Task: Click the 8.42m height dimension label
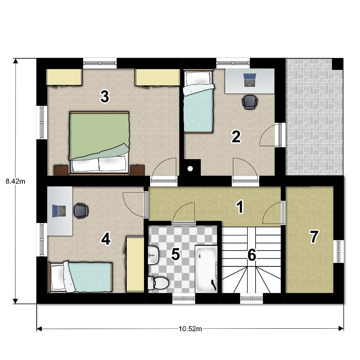(15, 181)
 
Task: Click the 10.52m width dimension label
(190, 329)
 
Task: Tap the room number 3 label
(105, 96)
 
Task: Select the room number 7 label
(314, 237)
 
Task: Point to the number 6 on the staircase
(252, 255)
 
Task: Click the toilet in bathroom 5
(158, 283)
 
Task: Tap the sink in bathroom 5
(153, 255)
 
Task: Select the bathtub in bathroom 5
(206, 269)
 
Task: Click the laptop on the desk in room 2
(249, 80)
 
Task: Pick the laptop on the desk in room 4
(59, 211)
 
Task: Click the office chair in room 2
(250, 102)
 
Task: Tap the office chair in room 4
(81, 211)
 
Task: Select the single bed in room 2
(198, 101)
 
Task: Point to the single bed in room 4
(80, 277)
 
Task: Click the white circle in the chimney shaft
(190, 169)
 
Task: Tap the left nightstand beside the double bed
(61, 170)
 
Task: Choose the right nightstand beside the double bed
(138, 170)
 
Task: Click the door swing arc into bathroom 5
(182, 208)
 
